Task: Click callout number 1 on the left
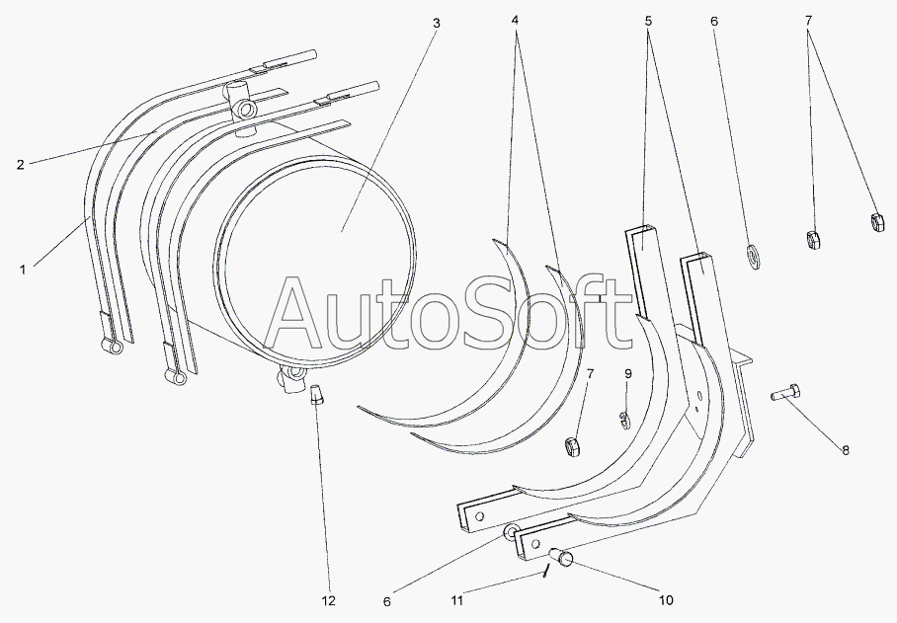tap(23, 270)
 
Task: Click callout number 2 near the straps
tap(21, 165)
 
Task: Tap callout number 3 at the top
tap(437, 23)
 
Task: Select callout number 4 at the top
tap(515, 20)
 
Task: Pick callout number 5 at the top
tap(648, 21)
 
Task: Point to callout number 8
tap(845, 450)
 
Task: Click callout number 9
tap(628, 374)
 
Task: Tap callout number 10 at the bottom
tap(666, 600)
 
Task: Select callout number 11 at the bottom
tap(457, 600)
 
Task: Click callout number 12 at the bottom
tap(328, 600)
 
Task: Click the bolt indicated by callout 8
tap(784, 393)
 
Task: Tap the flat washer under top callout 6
tap(754, 257)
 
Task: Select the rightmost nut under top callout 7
tap(877, 222)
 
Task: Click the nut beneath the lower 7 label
tap(573, 446)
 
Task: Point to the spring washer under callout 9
tap(624, 419)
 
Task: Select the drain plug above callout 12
tap(316, 394)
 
